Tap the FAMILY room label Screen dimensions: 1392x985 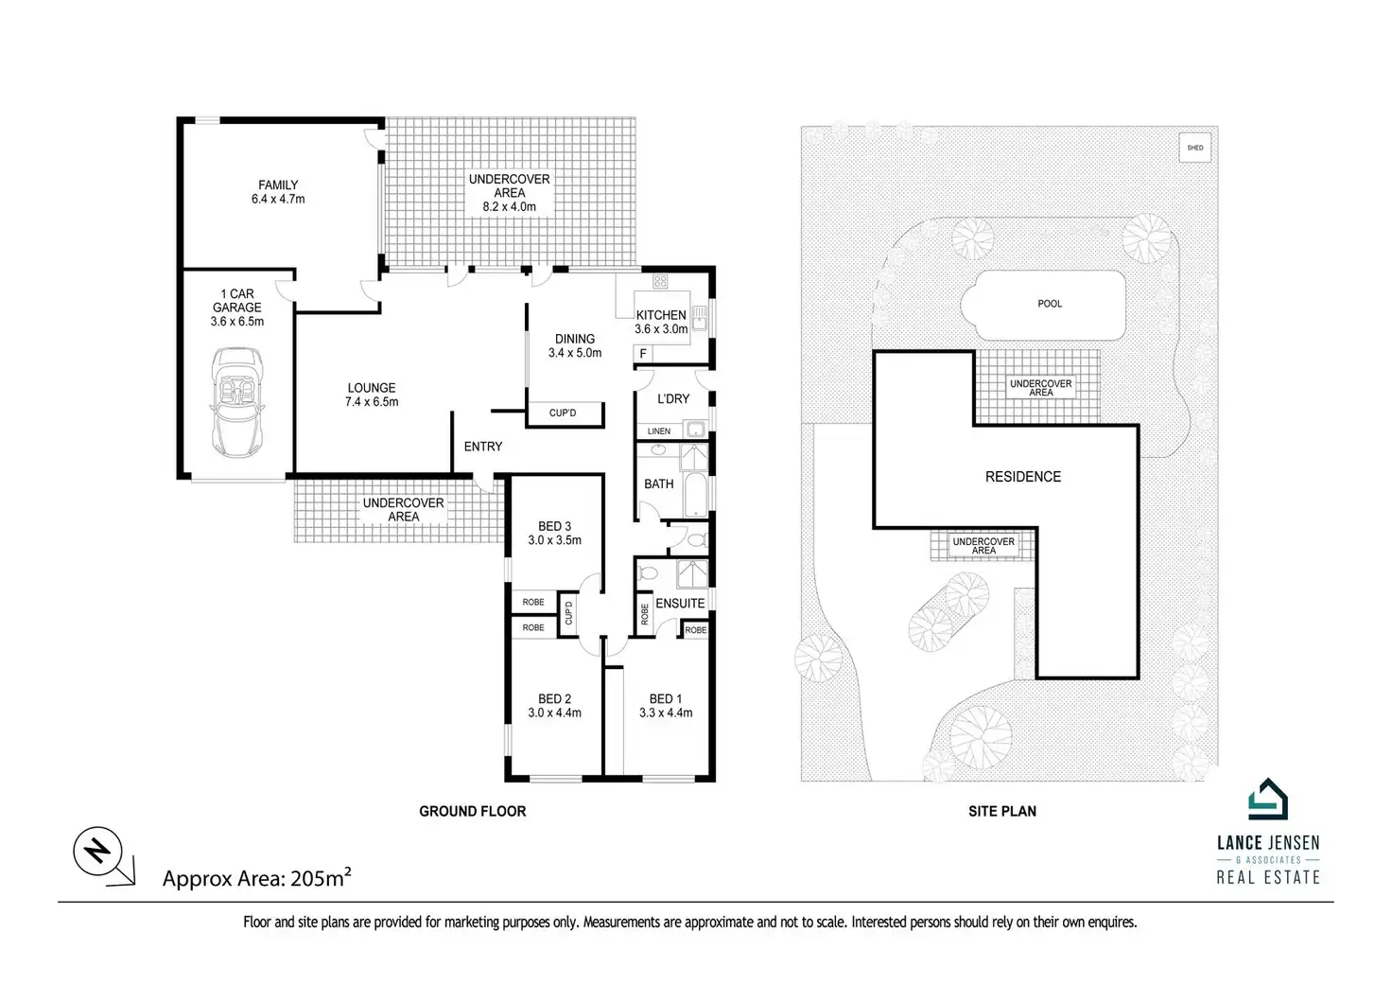pos(278,185)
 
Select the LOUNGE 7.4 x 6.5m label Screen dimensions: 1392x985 pos(372,394)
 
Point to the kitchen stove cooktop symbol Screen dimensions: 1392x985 pos(660,281)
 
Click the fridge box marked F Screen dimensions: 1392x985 pos(643,354)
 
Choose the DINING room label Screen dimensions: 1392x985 pos(575,339)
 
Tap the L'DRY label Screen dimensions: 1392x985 pos(673,399)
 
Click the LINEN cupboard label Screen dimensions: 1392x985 pos(659,431)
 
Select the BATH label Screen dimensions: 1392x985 pos(659,484)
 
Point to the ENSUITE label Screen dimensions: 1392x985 pos(680,604)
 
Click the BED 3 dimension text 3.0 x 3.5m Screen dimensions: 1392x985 pos(554,540)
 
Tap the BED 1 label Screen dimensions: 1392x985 pos(666,699)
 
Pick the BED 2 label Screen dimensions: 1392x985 pos(554,699)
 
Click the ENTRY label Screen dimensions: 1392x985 pos(483,447)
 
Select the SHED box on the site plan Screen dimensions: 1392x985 pos(1196,148)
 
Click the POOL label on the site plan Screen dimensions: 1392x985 pos(1050,304)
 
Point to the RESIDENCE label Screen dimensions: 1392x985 pos(1023,477)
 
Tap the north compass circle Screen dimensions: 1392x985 pos(97,852)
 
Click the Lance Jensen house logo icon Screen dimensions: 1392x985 pos(1268,800)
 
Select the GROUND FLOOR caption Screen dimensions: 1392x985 pos(473,811)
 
